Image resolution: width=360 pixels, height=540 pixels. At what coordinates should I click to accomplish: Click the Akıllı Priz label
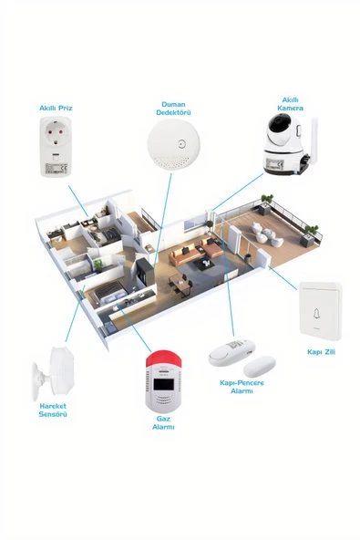pos(56,108)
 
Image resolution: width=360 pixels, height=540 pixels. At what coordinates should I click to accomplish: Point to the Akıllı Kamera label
pos(290,103)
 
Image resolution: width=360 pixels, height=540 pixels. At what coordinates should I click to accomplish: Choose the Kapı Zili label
pos(321,351)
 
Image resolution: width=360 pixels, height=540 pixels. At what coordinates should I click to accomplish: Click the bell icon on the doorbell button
pos(317,313)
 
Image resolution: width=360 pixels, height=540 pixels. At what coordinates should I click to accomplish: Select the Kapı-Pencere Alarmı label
pos(242,387)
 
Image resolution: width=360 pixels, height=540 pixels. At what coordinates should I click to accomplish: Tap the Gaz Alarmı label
pos(164,422)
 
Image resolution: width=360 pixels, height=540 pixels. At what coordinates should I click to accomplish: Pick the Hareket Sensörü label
pos(53,410)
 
